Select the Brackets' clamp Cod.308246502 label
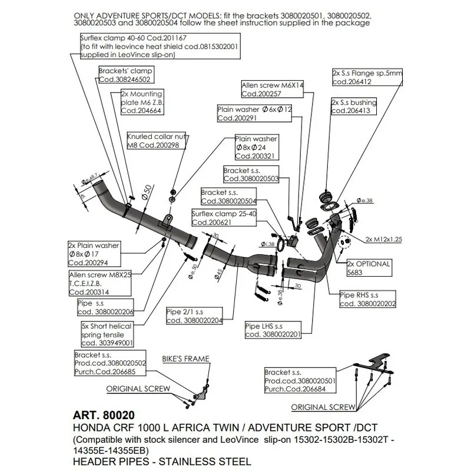[124, 75]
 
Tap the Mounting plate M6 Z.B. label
[141, 101]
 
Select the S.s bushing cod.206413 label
[353, 107]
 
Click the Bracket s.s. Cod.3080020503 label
[251, 174]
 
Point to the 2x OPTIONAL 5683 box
[370, 268]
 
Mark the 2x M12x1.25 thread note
[383, 240]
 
